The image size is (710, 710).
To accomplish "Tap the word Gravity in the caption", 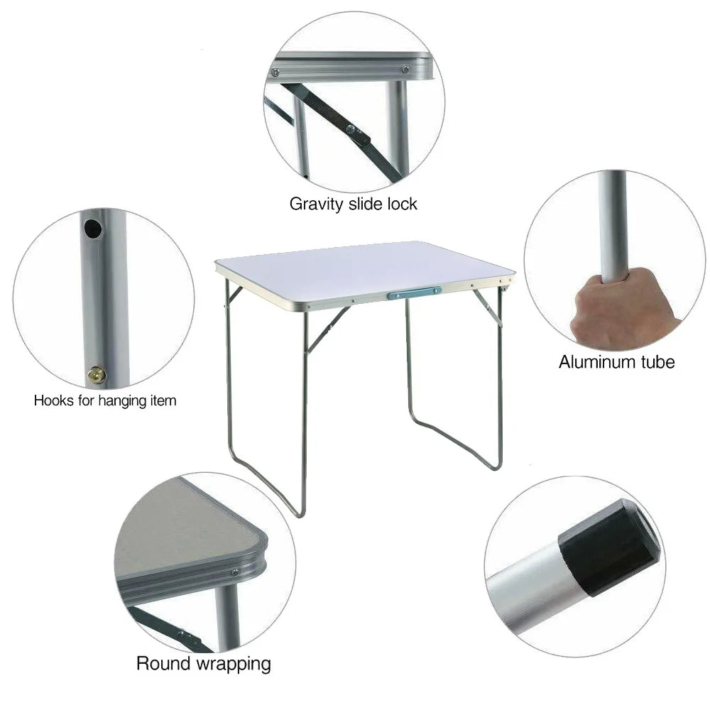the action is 317,204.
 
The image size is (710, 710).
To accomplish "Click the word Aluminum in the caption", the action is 596,362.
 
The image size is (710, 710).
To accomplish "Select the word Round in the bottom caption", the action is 163,663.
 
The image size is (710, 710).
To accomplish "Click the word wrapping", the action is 234,665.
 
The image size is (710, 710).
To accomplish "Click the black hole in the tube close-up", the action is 93,229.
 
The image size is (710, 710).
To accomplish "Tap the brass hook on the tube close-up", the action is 97,375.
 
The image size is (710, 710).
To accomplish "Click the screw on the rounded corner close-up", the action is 235,572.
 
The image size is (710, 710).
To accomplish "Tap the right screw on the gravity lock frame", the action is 405,70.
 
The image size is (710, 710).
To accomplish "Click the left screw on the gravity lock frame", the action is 275,72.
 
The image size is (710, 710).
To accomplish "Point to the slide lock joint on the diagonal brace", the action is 358,134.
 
